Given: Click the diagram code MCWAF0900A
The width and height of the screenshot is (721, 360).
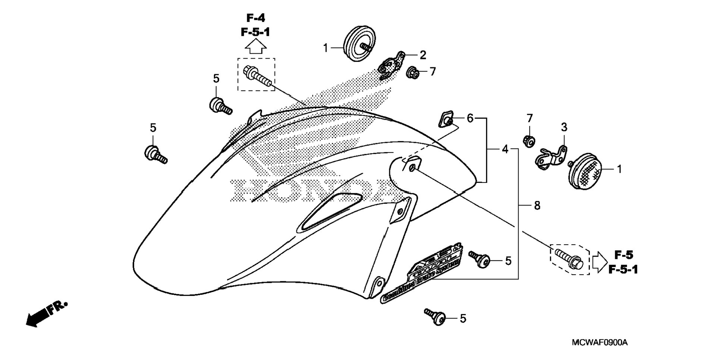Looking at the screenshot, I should coord(599,342).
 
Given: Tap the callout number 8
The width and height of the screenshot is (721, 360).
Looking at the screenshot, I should coord(537,206).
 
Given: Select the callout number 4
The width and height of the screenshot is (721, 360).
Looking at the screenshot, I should coord(505,150).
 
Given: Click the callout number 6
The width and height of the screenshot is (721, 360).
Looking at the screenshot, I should coord(470,118).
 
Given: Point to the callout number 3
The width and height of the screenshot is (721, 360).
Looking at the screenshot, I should coord(564,128).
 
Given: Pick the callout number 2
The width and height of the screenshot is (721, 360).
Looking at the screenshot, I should coord(422,55).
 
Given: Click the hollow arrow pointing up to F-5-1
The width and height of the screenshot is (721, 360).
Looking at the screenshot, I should coord(255,47).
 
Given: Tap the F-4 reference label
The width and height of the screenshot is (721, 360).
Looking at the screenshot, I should coord(256,18).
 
